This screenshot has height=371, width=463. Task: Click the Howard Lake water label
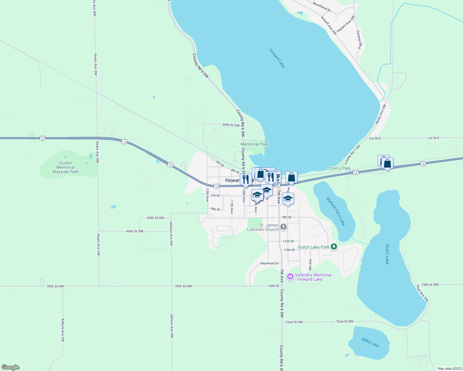coord(277,58)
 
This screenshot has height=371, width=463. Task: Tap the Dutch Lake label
coord(387,254)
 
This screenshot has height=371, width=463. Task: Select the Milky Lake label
coord(370,342)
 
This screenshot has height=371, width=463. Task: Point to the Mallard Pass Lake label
coord(335,211)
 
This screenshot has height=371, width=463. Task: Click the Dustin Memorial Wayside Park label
coord(65,167)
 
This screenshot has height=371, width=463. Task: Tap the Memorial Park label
coord(255,144)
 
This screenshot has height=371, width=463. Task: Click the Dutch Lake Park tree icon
coord(334,246)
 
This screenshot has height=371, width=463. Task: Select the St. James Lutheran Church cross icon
coord(283,227)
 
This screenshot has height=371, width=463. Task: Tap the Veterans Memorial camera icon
coord(290,277)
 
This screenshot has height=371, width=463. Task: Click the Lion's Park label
coord(340,168)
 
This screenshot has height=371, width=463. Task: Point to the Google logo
coord(11,367)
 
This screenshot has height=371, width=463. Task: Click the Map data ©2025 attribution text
coord(449,369)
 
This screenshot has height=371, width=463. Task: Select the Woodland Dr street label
coord(322,7)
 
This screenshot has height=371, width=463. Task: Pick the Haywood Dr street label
coord(270,263)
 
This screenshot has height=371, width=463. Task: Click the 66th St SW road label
coord(135,231)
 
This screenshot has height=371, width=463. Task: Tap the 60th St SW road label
coord(231,125)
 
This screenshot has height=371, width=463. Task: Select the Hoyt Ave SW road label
coord(422,293)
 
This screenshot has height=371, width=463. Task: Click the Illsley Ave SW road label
coord(381,114)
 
